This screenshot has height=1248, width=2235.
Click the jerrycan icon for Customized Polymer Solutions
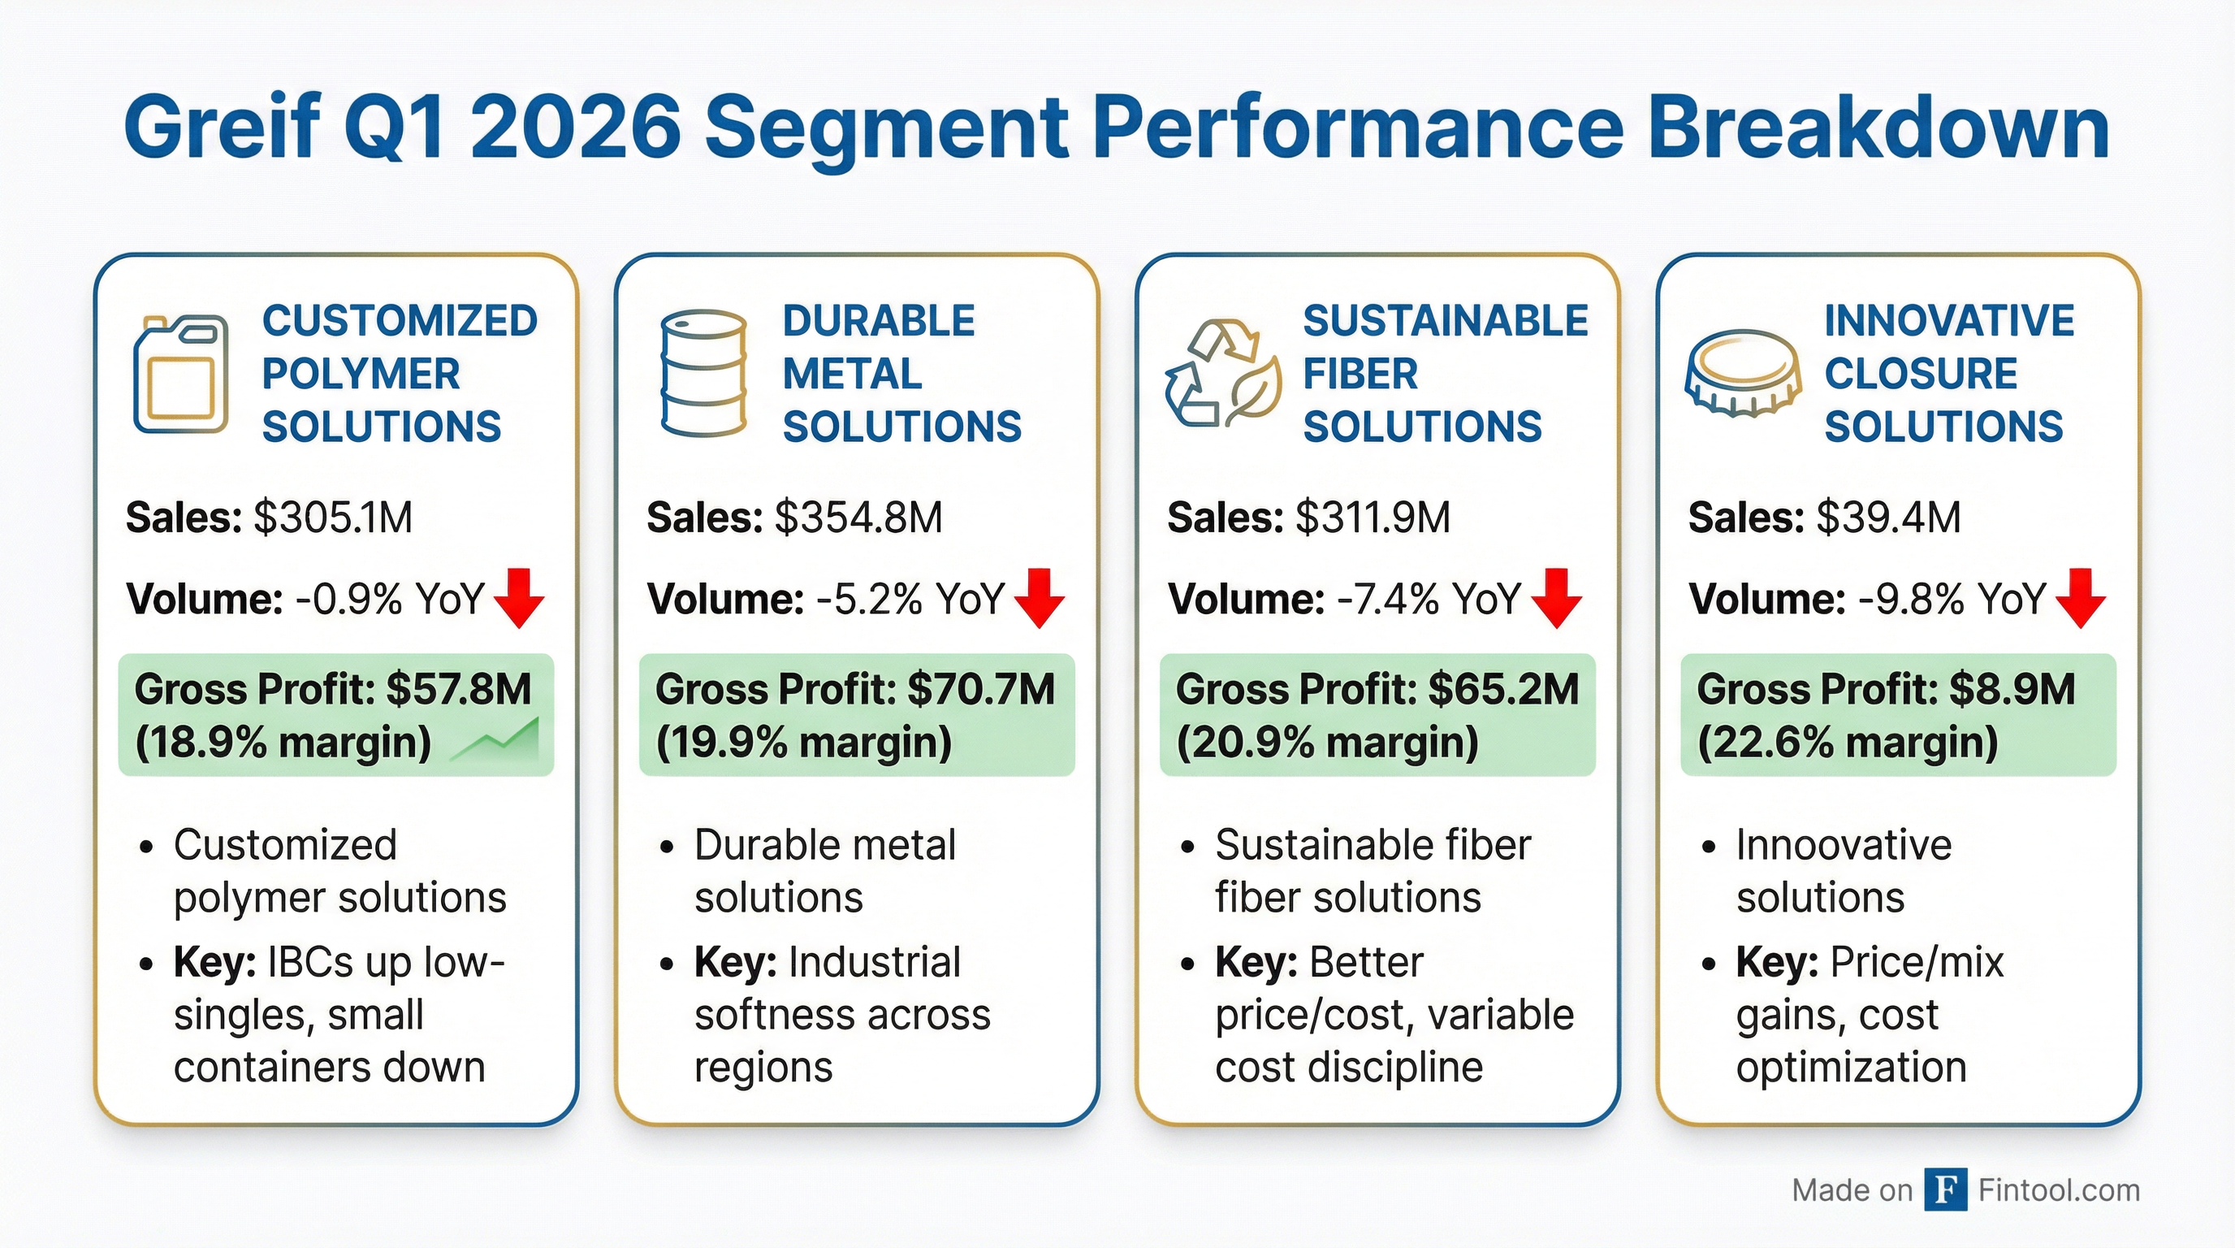(x=180, y=374)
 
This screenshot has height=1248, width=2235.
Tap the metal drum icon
(x=702, y=373)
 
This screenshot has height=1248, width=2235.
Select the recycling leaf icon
(x=1222, y=374)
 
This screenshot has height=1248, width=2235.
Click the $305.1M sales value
(x=333, y=518)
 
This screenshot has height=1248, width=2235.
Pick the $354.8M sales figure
(x=858, y=518)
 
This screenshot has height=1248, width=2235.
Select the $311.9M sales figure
(x=1373, y=518)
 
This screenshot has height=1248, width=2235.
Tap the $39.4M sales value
(x=1889, y=518)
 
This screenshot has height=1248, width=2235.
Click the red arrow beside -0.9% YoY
(x=519, y=598)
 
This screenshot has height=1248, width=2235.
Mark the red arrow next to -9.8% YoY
(x=2081, y=598)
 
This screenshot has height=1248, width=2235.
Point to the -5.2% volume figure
(x=868, y=599)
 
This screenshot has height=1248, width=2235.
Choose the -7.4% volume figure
(x=1386, y=599)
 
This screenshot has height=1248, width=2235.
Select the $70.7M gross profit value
(x=980, y=690)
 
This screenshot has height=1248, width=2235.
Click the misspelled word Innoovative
(x=1844, y=845)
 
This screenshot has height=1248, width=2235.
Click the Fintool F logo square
(x=1945, y=1189)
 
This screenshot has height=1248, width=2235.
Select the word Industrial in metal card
(x=875, y=963)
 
